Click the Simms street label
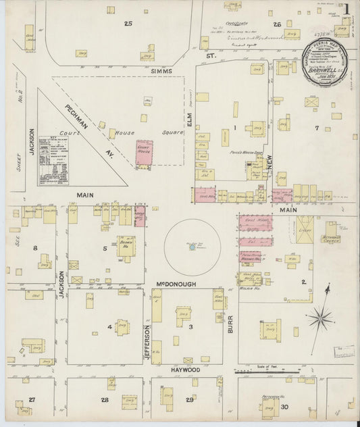tap(162, 71)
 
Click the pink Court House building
tap(145, 153)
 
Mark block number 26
tap(277, 24)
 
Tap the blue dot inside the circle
tap(192, 247)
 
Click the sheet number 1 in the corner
tap(345, 9)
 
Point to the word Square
tap(173, 132)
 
